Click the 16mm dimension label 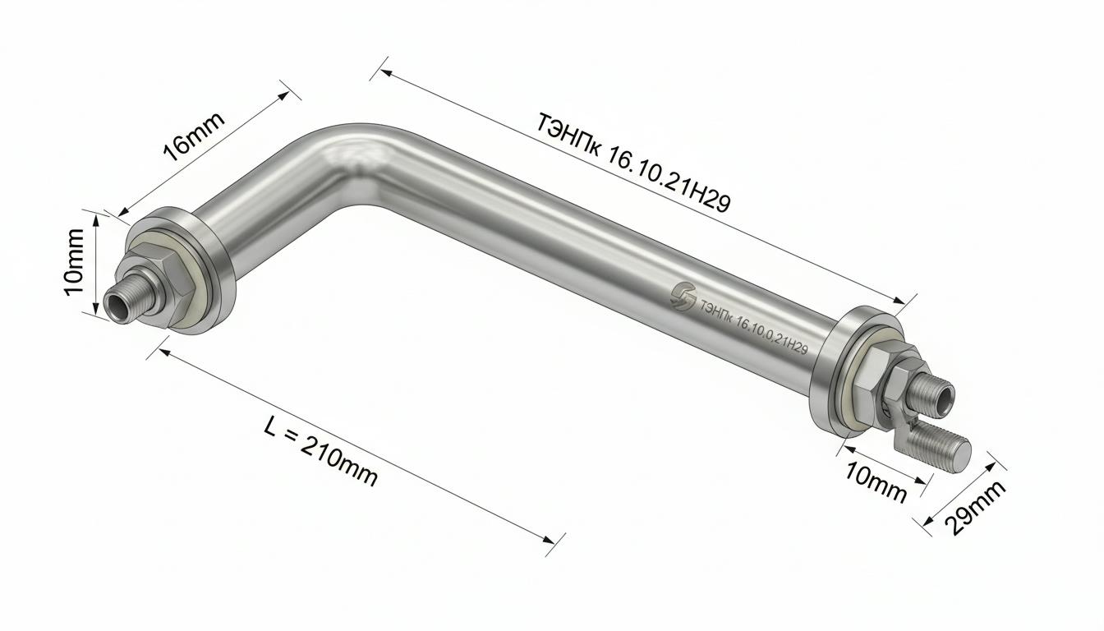point(193,136)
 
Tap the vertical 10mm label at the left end point(75,262)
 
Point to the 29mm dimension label point(977,509)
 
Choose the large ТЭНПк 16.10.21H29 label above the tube point(632,162)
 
